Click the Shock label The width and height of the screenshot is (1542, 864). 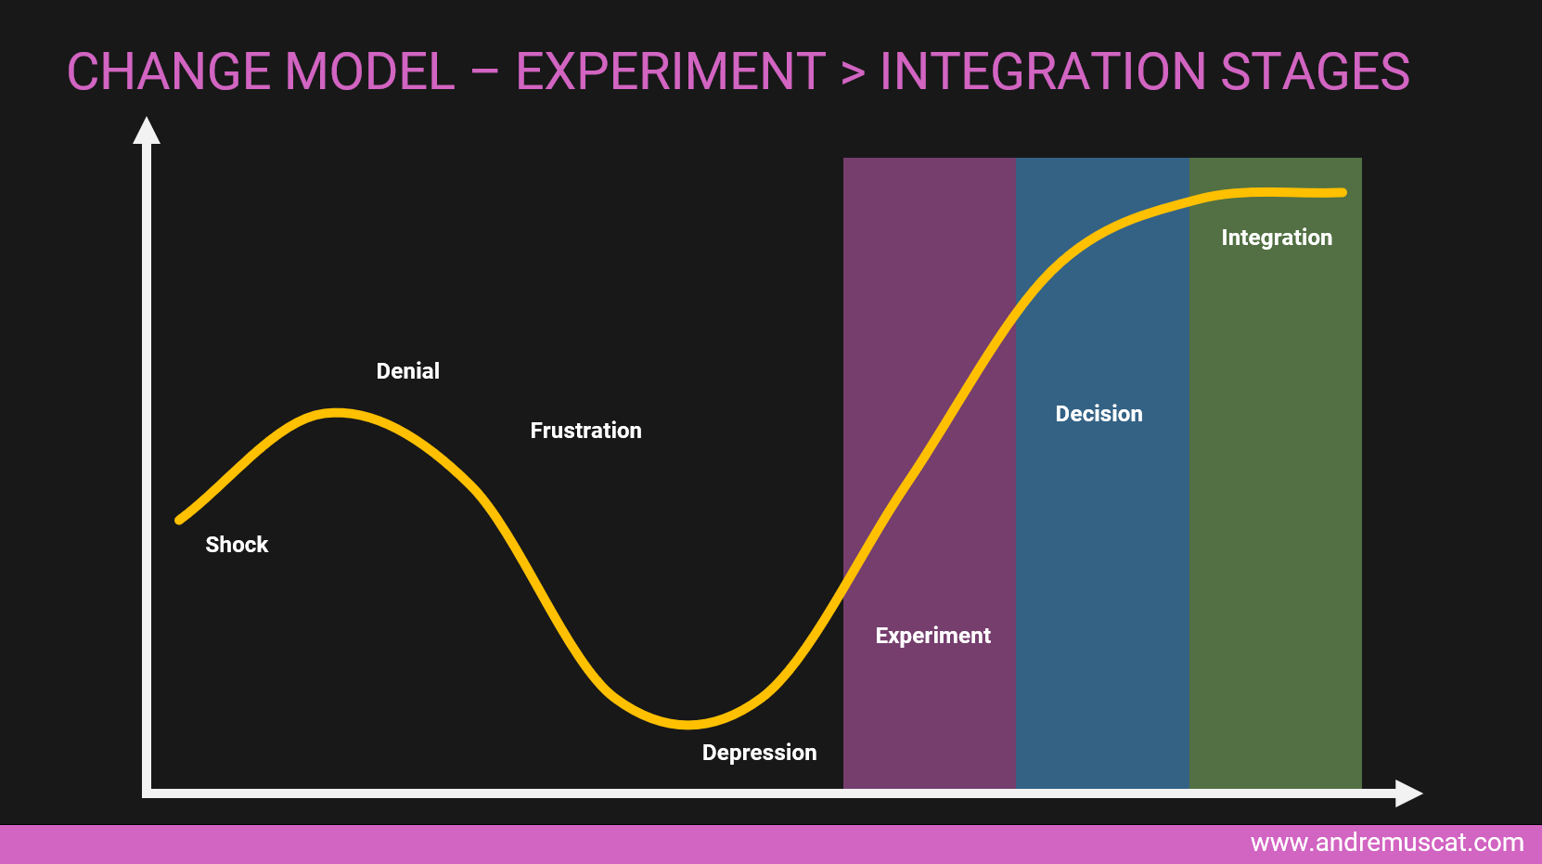(237, 545)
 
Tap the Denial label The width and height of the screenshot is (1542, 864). (407, 371)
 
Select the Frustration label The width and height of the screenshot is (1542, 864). (585, 431)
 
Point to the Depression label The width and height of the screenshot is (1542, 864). (759, 754)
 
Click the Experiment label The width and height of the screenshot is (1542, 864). (932, 636)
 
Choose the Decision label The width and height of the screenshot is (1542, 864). (1099, 414)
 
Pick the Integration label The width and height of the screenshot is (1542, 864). (1277, 239)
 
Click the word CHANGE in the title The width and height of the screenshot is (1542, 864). (169, 71)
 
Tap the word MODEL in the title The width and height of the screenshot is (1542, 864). (370, 71)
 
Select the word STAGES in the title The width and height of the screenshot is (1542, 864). (1316, 71)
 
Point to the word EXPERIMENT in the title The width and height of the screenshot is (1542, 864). (671, 71)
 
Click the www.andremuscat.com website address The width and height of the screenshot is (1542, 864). (1387, 843)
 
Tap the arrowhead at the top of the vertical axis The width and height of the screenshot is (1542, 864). (146, 131)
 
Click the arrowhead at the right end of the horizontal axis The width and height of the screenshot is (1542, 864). (1408, 793)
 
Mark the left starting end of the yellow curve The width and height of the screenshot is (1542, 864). (179, 521)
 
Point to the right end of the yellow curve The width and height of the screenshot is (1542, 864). (1343, 193)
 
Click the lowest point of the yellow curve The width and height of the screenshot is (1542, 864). (687, 724)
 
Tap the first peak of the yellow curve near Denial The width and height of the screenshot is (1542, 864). (336, 413)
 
